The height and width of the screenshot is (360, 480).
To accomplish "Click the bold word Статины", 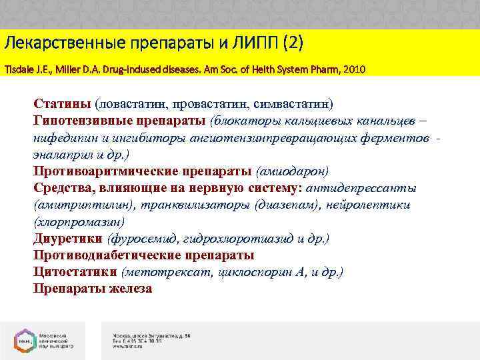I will pyautogui.click(x=62, y=104).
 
